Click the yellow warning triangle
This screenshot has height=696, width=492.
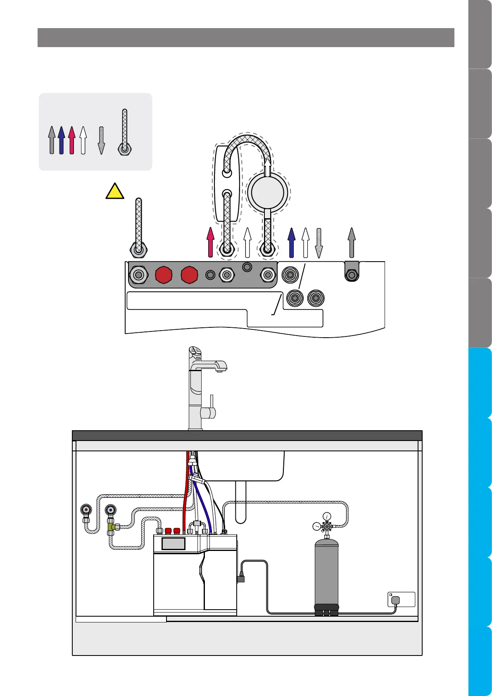pyautogui.click(x=115, y=192)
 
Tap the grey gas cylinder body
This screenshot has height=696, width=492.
pyautogui.click(x=326, y=572)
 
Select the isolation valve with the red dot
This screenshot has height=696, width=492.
pyautogui.click(x=86, y=510)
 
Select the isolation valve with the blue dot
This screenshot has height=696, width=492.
pyautogui.click(x=110, y=510)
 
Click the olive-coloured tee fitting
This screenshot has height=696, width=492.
pyautogui.click(x=112, y=527)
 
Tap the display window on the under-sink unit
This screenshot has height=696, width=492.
pyautogui.click(x=173, y=543)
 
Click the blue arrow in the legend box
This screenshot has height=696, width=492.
pyautogui.click(x=62, y=140)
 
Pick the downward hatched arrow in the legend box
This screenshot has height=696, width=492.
pyautogui.click(x=101, y=140)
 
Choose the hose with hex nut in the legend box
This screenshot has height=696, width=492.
pyautogui.click(x=124, y=132)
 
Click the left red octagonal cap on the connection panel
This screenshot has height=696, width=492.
pyautogui.click(x=163, y=274)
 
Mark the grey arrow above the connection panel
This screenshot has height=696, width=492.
pyautogui.click(x=352, y=240)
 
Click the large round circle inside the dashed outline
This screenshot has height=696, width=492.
pyautogui.click(x=267, y=193)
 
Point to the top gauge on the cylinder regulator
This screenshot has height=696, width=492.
pyautogui.click(x=327, y=516)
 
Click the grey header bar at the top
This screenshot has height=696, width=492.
pyautogui.click(x=246, y=38)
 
